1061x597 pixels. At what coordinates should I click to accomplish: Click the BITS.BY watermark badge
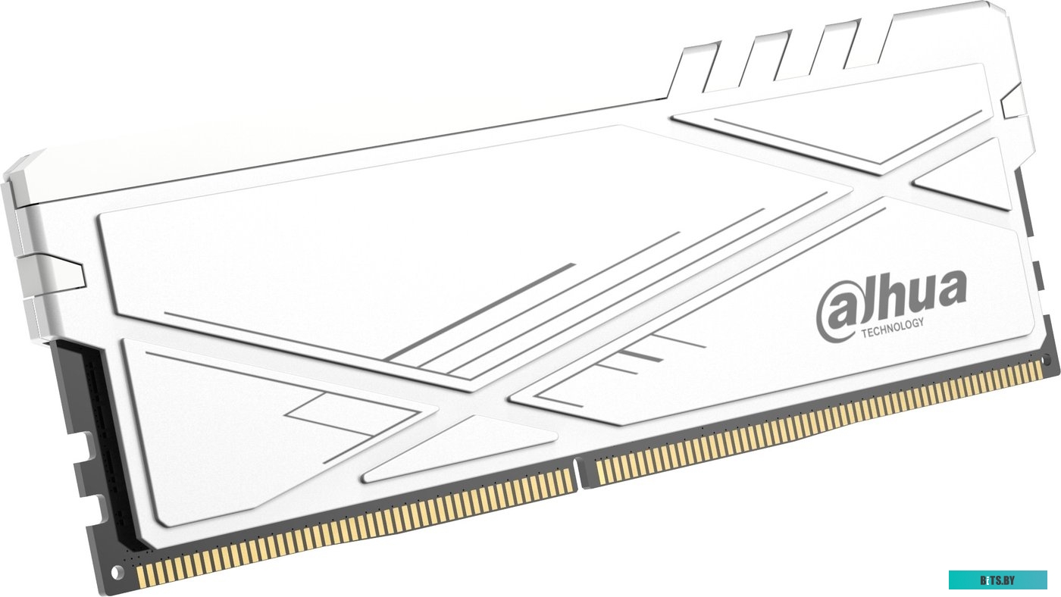pos(997,580)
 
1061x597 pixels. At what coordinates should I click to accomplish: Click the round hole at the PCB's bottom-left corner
pos(117,574)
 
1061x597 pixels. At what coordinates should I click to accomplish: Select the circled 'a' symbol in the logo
pos(837,314)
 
